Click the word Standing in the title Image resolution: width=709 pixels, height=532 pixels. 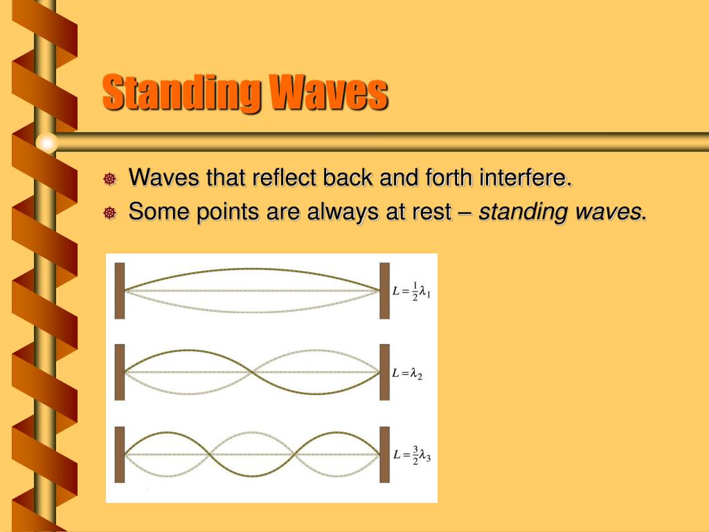tap(182, 93)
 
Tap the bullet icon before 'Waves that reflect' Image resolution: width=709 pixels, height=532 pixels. tap(109, 180)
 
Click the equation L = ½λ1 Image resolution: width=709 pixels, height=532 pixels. tap(411, 290)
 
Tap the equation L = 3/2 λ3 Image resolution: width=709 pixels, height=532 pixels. tap(411, 455)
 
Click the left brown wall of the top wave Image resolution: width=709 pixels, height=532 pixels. tap(120, 291)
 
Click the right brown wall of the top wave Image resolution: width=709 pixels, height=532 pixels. tap(384, 291)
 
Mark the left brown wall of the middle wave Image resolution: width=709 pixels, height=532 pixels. tap(120, 373)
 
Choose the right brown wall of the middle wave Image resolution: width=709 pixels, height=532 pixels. tap(384, 373)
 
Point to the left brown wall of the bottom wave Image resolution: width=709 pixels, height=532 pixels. tap(120, 454)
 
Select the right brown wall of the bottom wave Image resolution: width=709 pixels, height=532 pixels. tap(384, 454)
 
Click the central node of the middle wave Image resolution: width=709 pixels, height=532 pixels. tap(252, 373)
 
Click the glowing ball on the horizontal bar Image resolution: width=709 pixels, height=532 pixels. tap(46, 142)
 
